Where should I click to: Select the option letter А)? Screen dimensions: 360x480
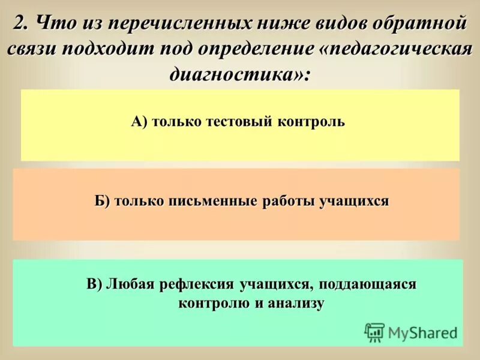click(x=139, y=122)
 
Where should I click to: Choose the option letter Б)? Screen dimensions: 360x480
click(x=103, y=201)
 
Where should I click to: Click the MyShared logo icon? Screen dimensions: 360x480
click(x=374, y=332)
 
